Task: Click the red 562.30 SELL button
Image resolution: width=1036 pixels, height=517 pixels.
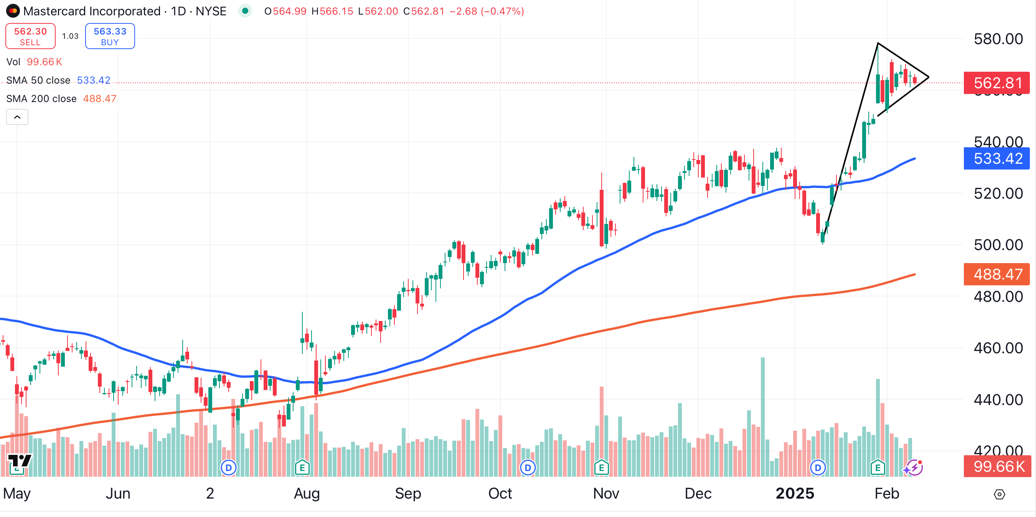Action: [30, 36]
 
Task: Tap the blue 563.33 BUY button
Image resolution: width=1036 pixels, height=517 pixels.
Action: [110, 36]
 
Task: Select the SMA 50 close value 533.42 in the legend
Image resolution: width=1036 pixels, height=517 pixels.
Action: [93, 81]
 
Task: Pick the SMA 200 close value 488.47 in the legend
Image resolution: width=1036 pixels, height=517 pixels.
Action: [99, 99]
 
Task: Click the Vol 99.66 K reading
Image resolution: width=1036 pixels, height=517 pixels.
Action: [44, 62]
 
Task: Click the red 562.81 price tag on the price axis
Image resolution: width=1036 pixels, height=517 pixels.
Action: [996, 83]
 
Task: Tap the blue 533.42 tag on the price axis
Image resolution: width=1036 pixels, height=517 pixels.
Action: [996, 158]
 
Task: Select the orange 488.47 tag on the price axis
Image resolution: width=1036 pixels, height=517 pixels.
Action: [996, 274]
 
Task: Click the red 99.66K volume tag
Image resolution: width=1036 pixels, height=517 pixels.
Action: [997, 466]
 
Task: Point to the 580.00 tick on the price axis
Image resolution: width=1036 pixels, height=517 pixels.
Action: [998, 39]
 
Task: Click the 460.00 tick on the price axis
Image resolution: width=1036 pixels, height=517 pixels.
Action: [998, 348]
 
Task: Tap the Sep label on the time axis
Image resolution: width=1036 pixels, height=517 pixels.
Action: [408, 493]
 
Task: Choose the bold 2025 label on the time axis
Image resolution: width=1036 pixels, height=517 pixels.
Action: [795, 493]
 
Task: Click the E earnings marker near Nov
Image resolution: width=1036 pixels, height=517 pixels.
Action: [601, 468]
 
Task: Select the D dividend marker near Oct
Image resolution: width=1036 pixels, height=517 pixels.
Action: [528, 468]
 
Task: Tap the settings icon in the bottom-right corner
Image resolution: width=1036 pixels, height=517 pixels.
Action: [999, 494]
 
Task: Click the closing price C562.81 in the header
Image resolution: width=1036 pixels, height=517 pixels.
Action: [424, 11]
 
